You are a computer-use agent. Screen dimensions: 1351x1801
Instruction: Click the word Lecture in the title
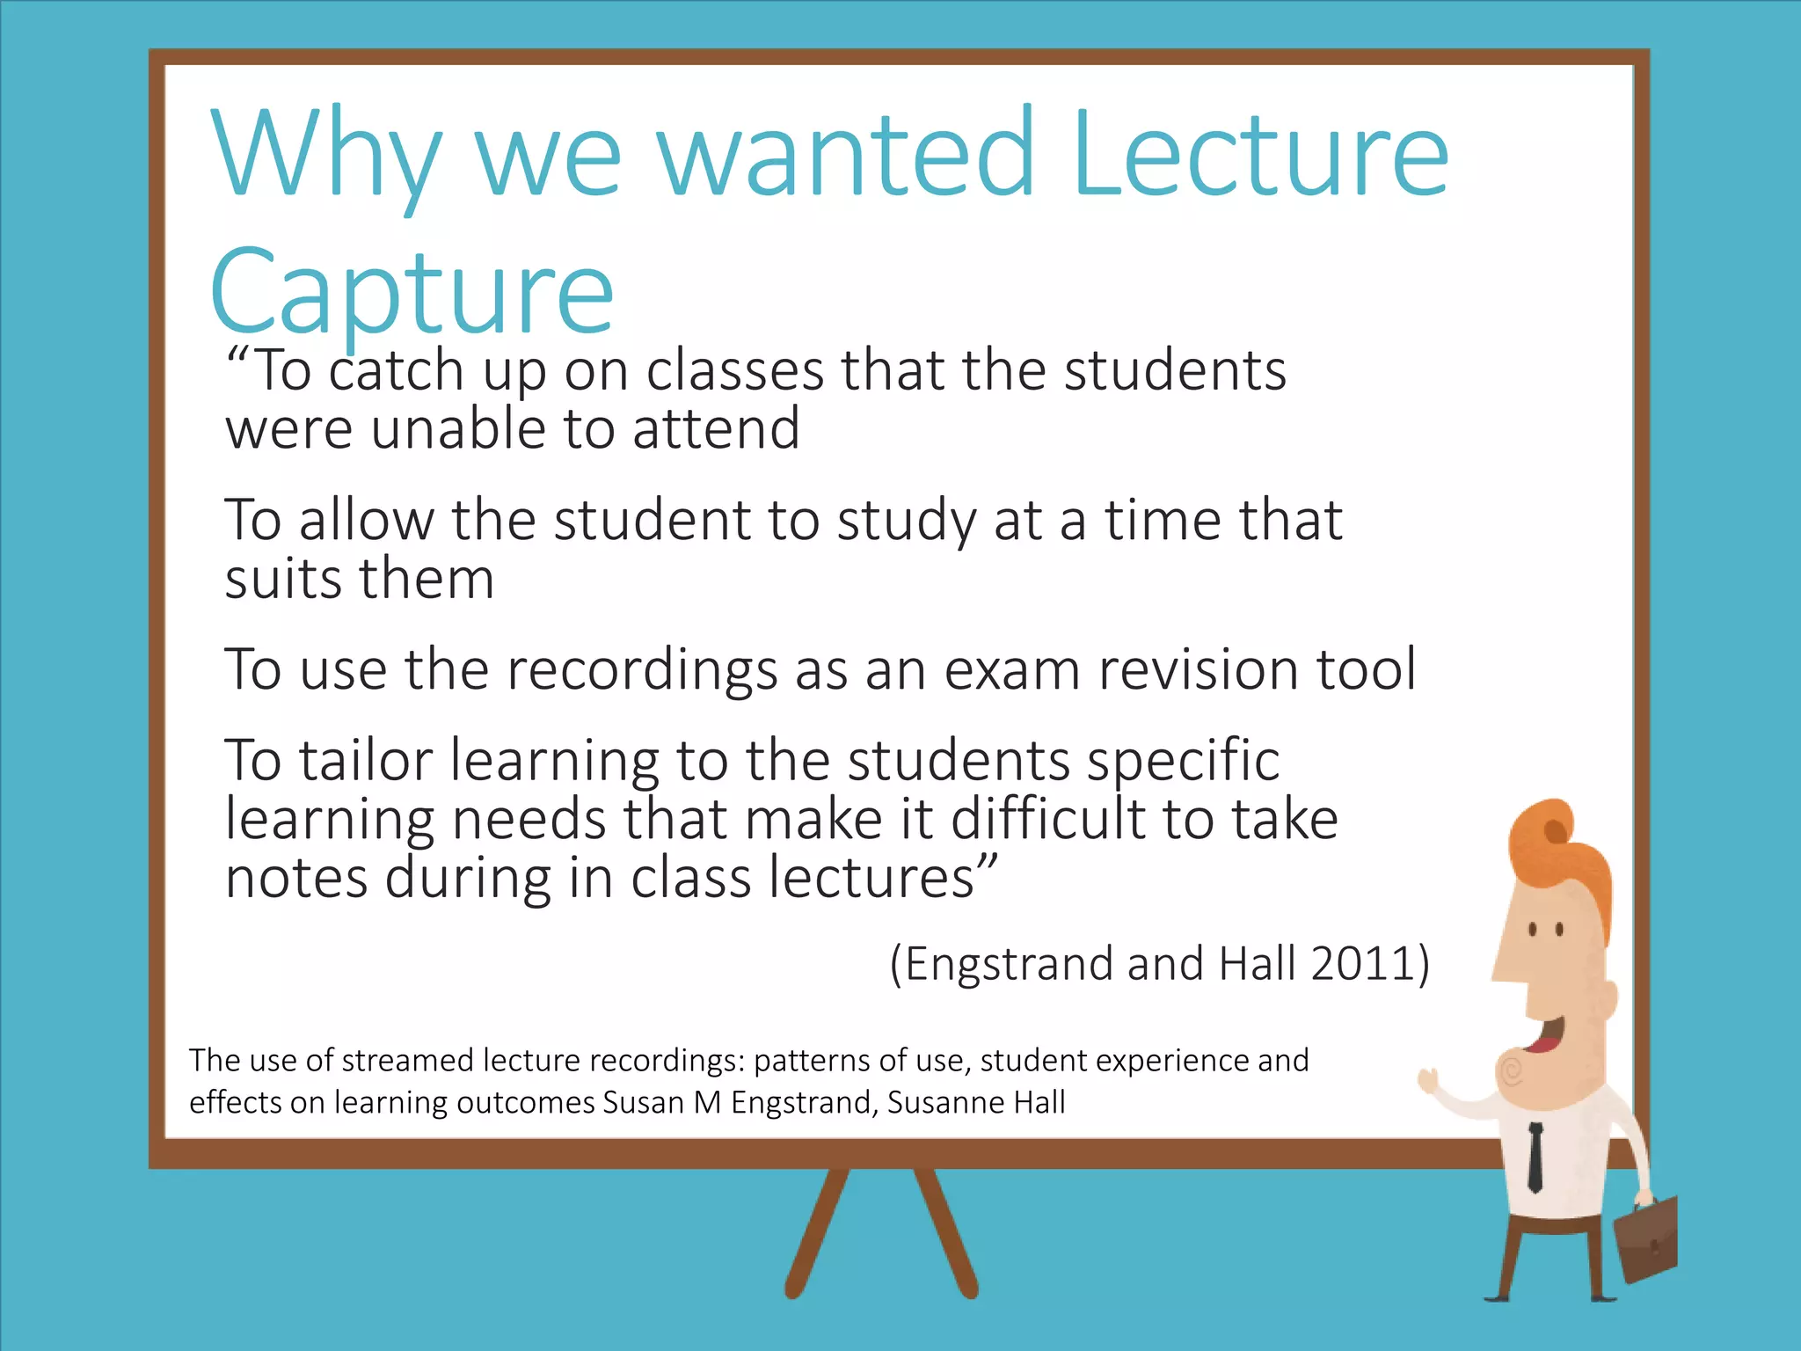point(1259,155)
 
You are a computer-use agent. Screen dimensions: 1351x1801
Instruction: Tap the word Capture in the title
point(412,292)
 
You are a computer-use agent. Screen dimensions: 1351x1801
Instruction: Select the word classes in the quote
point(735,370)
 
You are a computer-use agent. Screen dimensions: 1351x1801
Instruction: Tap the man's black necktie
point(1535,1157)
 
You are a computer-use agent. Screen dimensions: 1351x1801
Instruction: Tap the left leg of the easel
point(818,1231)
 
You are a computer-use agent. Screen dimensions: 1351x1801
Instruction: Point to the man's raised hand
point(1428,1081)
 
